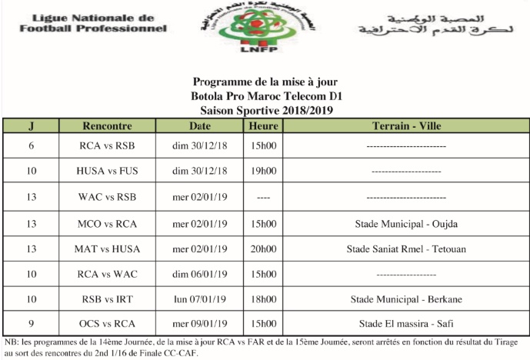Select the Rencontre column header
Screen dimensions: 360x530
(x=107, y=126)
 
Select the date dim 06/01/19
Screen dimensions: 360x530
(x=199, y=274)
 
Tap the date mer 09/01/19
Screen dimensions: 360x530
(x=199, y=324)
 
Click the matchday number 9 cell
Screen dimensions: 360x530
(x=31, y=324)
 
